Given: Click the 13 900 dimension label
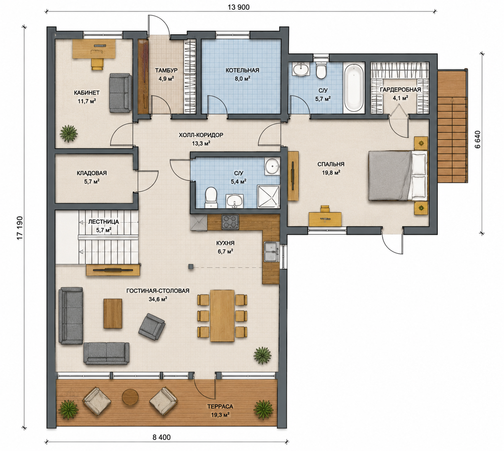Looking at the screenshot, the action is tap(238, 8).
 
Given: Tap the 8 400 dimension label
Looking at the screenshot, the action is tap(161, 437).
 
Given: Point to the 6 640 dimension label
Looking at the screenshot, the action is tap(477, 139).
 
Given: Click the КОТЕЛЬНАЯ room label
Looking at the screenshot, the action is tap(242, 70).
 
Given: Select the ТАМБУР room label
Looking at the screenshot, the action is tap(166, 70).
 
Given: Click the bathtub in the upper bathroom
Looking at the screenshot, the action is tap(353, 88).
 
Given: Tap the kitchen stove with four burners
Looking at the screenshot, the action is tap(230, 222).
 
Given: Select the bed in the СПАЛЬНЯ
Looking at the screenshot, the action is tap(398, 176).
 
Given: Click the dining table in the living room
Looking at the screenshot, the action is tap(222, 316).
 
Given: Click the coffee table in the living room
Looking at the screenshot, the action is tap(113, 313).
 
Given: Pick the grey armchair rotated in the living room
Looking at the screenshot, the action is tap(152, 326).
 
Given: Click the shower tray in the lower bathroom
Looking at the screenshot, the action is tap(269, 196).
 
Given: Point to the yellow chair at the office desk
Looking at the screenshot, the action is tap(97, 64).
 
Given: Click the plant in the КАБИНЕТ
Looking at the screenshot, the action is tap(69, 133).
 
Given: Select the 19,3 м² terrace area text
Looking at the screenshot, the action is tap(220, 415).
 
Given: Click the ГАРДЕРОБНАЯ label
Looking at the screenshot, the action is tap(400, 89).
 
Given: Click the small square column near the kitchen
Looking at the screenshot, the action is tap(191, 267).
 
